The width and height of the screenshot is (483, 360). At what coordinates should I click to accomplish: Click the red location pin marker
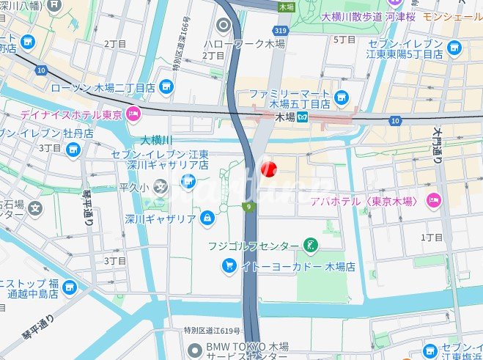click(x=268, y=169)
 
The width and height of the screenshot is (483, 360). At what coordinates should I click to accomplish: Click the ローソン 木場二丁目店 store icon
click(x=167, y=88)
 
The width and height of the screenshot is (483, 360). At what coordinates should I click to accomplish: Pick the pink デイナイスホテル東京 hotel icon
click(x=133, y=113)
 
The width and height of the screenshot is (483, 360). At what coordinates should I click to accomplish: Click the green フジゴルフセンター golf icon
click(x=311, y=245)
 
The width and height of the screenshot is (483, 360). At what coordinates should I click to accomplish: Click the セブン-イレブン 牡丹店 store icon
click(x=72, y=150)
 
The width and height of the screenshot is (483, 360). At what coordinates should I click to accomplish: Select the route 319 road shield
click(x=281, y=32)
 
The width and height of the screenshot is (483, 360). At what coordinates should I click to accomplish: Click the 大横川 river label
click(x=156, y=139)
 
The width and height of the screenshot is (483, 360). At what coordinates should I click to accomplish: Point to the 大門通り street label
click(x=437, y=147)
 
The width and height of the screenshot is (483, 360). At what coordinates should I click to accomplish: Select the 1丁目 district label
click(x=433, y=237)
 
